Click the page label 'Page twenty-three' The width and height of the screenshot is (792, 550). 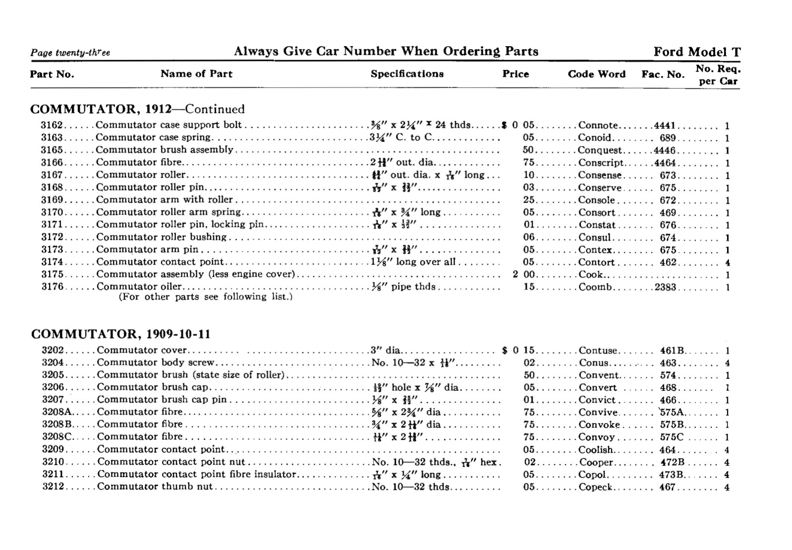(x=70, y=53)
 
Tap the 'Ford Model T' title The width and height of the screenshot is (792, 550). (x=697, y=52)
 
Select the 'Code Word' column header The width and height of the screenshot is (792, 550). (x=596, y=74)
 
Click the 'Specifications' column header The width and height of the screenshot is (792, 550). (x=407, y=74)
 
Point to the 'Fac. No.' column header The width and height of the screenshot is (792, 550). (x=663, y=75)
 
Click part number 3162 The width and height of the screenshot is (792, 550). (x=52, y=125)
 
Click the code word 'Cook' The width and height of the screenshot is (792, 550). (x=591, y=275)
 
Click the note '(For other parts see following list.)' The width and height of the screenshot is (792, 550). (x=206, y=297)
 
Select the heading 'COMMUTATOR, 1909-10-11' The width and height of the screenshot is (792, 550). (x=121, y=334)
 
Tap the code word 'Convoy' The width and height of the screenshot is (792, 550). (x=596, y=437)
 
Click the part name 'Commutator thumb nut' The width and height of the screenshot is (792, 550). (x=155, y=487)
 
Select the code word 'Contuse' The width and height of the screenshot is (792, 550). (x=598, y=351)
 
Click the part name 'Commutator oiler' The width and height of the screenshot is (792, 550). (x=139, y=287)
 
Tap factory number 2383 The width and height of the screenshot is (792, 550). (x=665, y=287)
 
